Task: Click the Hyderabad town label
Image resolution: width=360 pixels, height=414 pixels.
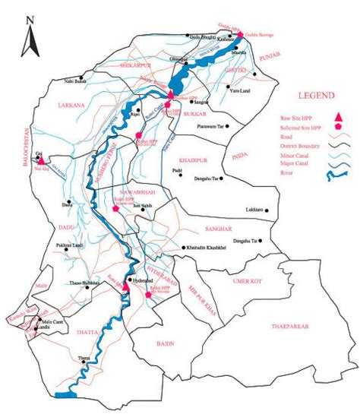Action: (x=144, y=280)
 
